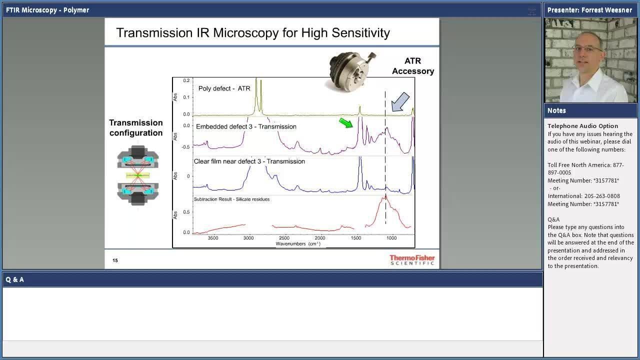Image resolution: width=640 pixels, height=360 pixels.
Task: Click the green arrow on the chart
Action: coord(346,123)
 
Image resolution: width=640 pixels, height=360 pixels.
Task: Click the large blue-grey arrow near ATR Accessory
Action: coord(400,101)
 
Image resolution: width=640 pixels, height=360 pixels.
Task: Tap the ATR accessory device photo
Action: coord(351,71)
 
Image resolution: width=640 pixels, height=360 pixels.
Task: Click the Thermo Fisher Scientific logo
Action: coord(412,260)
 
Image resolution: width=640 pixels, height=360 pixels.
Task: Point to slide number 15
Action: coord(115,260)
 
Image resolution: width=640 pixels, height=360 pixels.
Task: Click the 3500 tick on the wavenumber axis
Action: coord(213,238)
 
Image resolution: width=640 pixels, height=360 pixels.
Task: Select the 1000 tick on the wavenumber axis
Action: coord(391,238)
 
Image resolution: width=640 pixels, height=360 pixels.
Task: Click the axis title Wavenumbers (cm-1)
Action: coord(298,243)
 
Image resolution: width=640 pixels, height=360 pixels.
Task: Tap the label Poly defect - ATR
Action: coord(224,88)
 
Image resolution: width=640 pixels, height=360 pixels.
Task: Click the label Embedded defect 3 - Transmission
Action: coord(246,126)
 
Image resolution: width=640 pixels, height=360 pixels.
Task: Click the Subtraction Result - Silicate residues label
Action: coord(231,199)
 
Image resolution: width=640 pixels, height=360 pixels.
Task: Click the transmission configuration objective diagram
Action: coord(137,175)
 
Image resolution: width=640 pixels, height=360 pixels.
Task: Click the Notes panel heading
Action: coord(556,110)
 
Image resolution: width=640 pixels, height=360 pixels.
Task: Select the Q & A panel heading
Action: coord(14,279)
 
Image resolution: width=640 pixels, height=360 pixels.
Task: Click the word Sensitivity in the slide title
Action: coord(360,33)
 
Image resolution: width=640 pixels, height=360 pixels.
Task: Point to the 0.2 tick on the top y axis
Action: coord(186,80)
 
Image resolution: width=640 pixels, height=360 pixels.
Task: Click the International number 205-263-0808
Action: coord(602,196)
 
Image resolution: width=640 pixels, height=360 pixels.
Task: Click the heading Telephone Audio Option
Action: coord(583,126)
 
